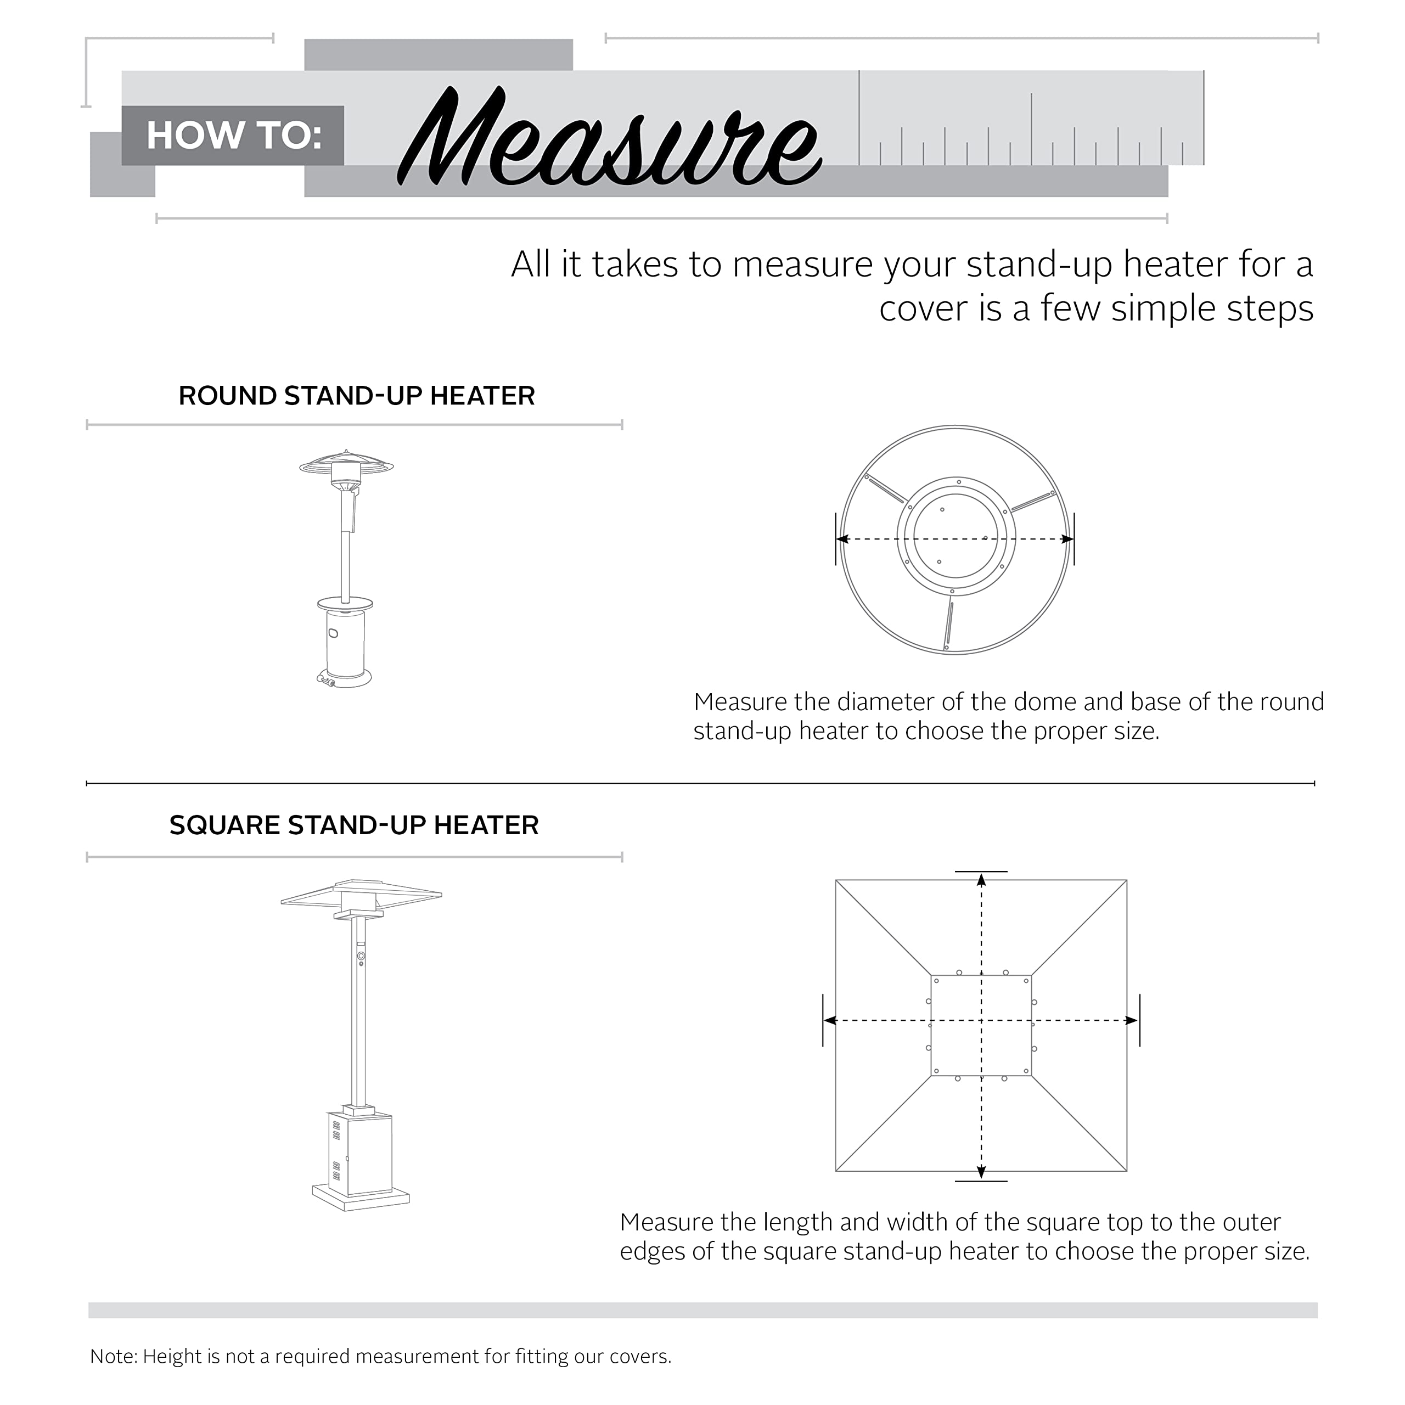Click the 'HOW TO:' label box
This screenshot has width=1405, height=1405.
(233, 136)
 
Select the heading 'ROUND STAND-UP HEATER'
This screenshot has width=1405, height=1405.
(356, 396)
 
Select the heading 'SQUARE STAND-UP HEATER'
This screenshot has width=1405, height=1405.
(354, 825)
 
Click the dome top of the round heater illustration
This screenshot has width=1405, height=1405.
(347, 463)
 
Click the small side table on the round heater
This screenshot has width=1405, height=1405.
(345, 604)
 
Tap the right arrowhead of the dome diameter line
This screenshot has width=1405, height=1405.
(1067, 539)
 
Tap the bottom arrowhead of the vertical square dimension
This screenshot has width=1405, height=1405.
(981, 1172)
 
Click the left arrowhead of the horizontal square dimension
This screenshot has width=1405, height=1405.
(830, 1021)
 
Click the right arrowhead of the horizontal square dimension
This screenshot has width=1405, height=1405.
(1132, 1021)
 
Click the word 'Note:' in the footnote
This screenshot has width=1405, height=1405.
(114, 1356)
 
